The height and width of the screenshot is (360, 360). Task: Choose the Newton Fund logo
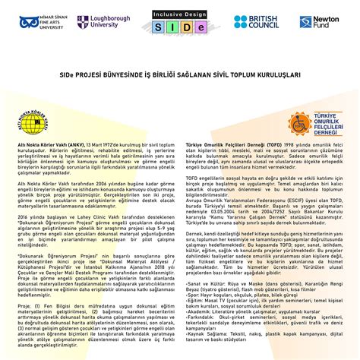[x=317, y=22]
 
